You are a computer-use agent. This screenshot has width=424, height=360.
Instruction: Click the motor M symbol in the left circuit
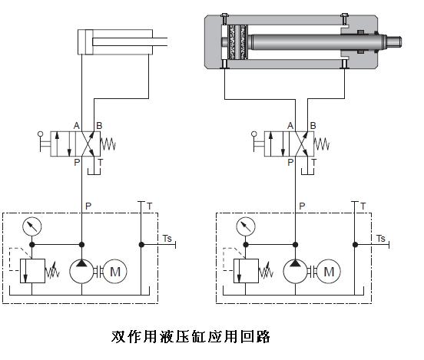(x=115, y=272)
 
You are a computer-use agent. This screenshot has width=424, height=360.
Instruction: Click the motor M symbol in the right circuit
(x=329, y=272)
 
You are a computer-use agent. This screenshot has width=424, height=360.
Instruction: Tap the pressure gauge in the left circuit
(x=32, y=226)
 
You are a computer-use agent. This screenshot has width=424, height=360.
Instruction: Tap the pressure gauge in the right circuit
(x=246, y=226)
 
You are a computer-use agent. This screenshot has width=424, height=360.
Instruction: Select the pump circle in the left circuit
(x=81, y=272)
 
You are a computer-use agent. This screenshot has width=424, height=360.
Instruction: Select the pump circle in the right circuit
(x=295, y=272)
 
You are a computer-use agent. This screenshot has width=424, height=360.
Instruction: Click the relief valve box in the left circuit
(x=32, y=271)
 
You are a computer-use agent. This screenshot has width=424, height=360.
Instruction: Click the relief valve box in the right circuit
(x=246, y=271)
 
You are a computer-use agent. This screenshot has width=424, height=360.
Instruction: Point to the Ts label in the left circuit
(x=167, y=239)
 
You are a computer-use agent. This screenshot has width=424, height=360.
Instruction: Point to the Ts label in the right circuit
(x=381, y=239)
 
